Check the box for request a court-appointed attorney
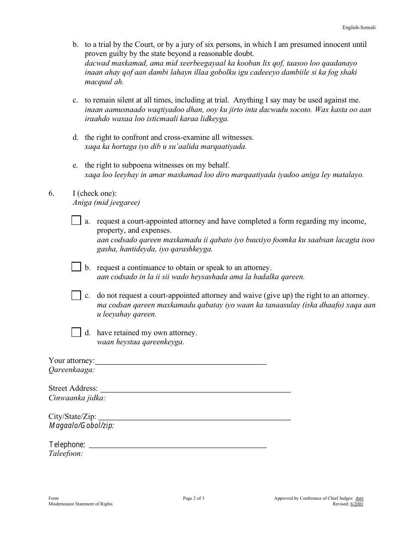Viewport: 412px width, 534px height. coord(76,221)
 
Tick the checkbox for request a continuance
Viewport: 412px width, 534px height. coord(76,267)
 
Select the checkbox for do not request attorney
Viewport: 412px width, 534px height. coord(76,295)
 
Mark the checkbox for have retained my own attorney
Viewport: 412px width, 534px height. coord(76,333)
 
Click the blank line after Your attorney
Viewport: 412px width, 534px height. coord(180,361)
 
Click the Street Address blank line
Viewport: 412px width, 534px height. coord(195,389)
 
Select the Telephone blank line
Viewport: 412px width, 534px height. coord(177,444)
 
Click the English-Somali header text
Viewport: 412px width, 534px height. coord(359,27)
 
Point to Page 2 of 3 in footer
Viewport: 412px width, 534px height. coord(193,498)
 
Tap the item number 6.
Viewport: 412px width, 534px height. coord(51,193)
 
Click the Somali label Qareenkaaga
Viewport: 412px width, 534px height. coord(72,370)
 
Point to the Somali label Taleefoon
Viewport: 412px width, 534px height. coord(65,454)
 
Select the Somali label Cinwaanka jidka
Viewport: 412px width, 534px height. coord(77,398)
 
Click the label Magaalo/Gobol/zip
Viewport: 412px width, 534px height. coord(82,425)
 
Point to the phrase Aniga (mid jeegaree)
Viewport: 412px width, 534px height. coord(106,202)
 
